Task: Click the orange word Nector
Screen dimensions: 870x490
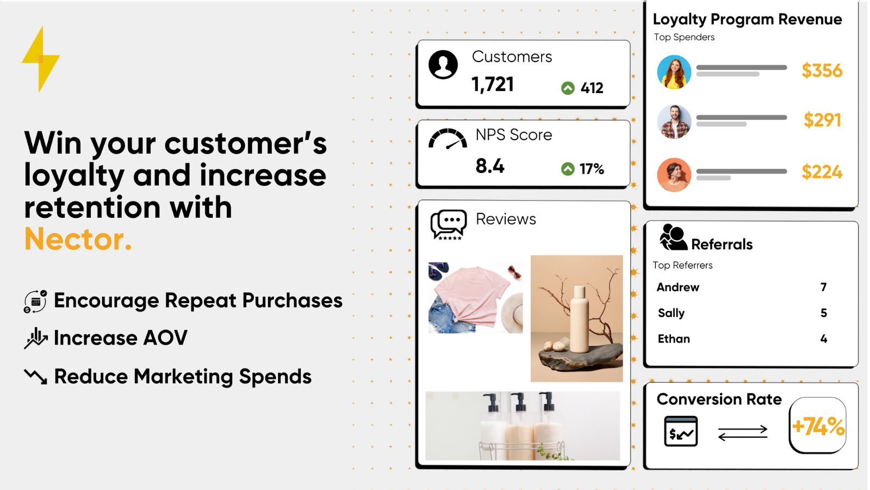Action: point(78,239)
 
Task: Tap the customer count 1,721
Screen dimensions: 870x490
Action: point(493,85)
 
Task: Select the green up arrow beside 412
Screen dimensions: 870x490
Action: point(568,88)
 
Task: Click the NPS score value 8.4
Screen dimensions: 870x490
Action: point(490,166)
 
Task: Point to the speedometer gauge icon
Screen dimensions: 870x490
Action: point(448,139)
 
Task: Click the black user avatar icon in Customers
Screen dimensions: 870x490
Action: point(443,65)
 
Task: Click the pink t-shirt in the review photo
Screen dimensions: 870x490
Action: point(471,296)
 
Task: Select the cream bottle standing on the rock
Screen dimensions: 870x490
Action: point(579,319)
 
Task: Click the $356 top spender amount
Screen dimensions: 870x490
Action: point(822,70)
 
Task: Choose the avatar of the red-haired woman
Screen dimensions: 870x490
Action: point(674,72)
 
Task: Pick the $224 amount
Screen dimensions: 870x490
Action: point(822,172)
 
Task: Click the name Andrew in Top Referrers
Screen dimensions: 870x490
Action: point(678,287)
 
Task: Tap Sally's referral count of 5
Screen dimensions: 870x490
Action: point(824,313)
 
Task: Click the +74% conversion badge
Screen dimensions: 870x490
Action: point(818,425)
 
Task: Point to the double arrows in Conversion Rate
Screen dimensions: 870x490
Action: point(743,433)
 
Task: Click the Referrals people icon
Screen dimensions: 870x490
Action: point(673,237)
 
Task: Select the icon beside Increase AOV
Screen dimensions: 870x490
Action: point(36,338)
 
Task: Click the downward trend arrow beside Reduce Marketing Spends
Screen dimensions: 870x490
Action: point(35,376)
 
